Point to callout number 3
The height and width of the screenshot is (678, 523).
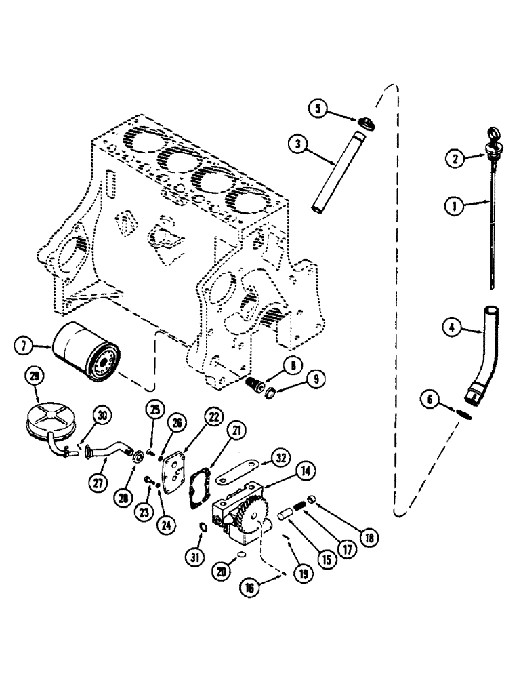point(297,144)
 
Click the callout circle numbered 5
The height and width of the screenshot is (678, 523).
point(320,108)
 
